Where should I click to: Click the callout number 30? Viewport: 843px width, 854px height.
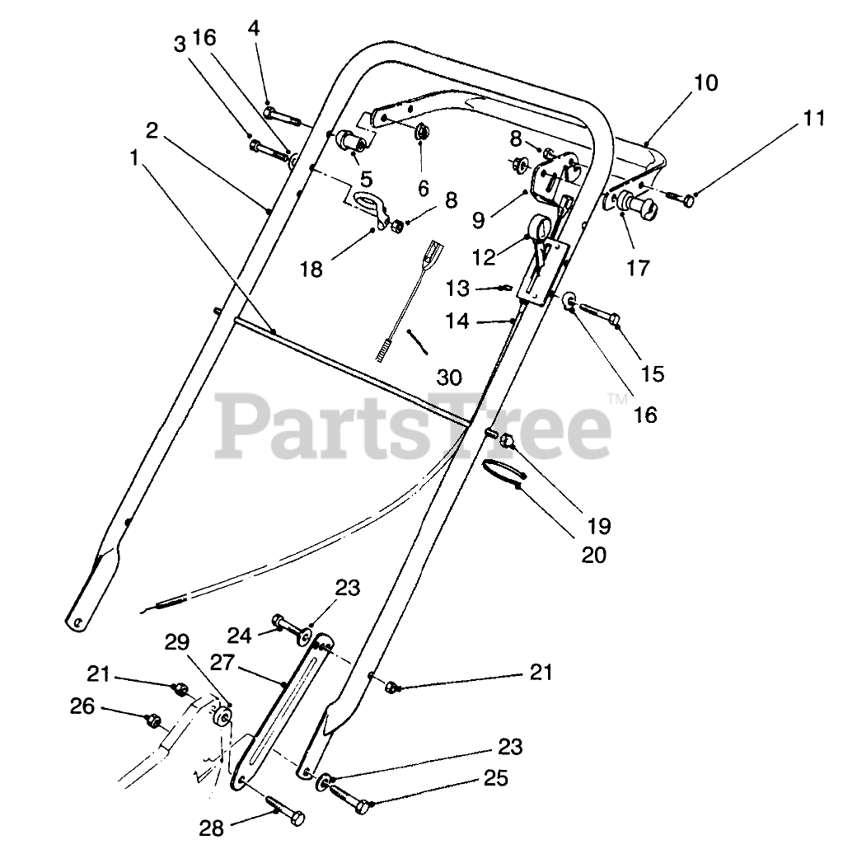pos(449,378)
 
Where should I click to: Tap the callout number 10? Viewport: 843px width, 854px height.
pos(705,83)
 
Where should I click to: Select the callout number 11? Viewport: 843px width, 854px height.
pos(813,118)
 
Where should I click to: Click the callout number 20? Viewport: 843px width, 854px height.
pos(593,555)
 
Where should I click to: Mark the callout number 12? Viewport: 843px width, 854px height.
pos(484,257)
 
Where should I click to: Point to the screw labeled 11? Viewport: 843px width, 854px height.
pos(681,197)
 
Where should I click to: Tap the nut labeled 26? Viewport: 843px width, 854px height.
pos(152,720)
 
